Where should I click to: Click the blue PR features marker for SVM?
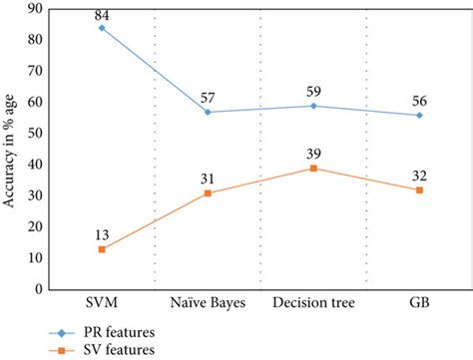(x=102, y=28)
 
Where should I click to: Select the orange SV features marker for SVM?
(x=102, y=248)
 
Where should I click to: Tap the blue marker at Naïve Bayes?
(x=208, y=112)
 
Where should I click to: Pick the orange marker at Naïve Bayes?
(x=208, y=192)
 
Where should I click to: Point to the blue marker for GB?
(x=419, y=115)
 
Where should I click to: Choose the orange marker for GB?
(x=419, y=189)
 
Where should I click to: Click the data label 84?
(x=102, y=14)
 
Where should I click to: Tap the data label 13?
(x=102, y=234)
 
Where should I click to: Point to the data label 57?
(x=208, y=98)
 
